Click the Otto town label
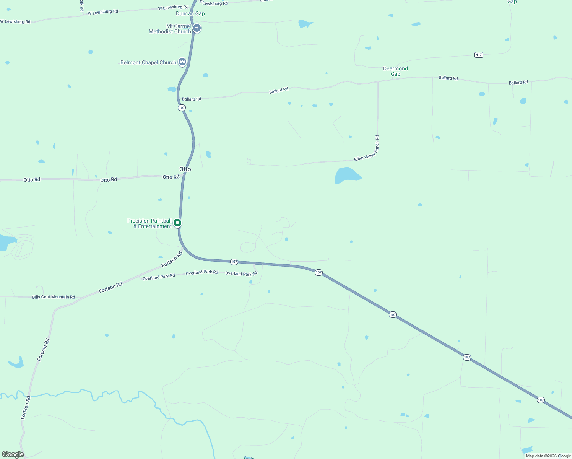point(185,169)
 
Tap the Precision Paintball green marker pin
point(177,223)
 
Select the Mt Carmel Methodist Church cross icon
point(197,28)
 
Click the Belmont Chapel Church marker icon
point(182,62)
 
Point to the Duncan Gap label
point(190,14)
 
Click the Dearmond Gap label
point(395,71)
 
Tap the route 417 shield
point(479,55)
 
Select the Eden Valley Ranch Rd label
point(366,149)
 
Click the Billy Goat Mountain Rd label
point(54,297)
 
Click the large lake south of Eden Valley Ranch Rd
point(347,175)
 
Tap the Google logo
point(13,454)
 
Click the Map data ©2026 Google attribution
point(548,456)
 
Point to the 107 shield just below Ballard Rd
point(182,108)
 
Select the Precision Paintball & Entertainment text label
point(149,223)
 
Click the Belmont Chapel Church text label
point(148,62)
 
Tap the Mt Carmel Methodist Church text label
point(170,29)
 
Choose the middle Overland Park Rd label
point(202,272)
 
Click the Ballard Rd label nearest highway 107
point(192,99)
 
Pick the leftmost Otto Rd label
point(32,180)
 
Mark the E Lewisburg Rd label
point(214,3)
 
